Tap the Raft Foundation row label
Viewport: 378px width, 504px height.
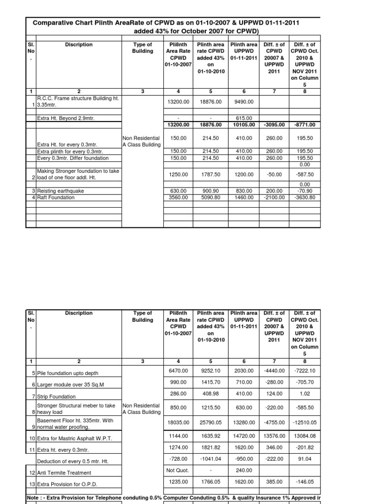click(56, 197)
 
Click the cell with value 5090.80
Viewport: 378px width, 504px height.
click(211, 197)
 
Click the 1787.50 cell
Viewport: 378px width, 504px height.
click(211, 174)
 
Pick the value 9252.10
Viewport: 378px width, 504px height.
click(211, 370)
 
